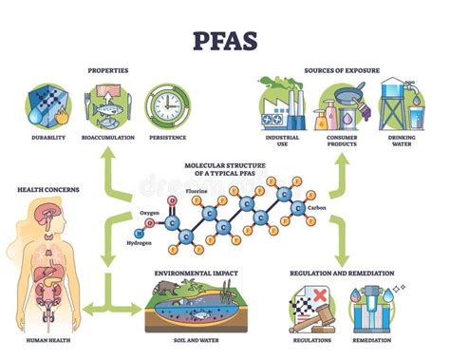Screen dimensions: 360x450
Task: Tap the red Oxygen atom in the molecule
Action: [171, 201]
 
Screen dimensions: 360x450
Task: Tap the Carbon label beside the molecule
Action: [319, 206]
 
